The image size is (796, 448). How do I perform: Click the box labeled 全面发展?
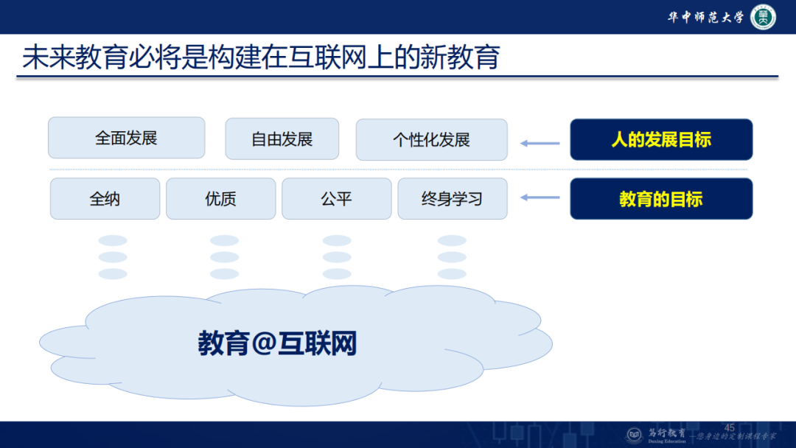coord(126,138)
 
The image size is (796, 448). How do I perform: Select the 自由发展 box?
coord(282,139)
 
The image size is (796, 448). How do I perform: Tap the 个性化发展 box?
coord(431,139)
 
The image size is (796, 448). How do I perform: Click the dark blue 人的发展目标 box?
coord(661,139)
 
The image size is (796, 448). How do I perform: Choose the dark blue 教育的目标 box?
coord(661,199)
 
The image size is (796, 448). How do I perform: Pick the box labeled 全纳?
coord(105,199)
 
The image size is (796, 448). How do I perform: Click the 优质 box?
coord(220,199)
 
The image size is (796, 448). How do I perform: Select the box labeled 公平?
coord(336,199)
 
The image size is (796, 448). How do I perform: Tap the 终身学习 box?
coord(452,199)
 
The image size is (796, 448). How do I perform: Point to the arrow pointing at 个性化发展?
coord(540,143)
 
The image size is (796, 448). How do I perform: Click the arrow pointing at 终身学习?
coord(540,197)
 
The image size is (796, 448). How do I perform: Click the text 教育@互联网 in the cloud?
coord(277,343)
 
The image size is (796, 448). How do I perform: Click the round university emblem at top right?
coord(763,18)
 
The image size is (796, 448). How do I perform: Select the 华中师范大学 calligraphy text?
coord(705,18)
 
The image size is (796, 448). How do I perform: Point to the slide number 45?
coord(730,428)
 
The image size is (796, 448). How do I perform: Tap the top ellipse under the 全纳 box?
coord(113,241)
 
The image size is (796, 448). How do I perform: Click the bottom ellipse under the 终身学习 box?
coord(452,274)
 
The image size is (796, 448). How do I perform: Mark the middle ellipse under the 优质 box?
coord(224,257)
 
